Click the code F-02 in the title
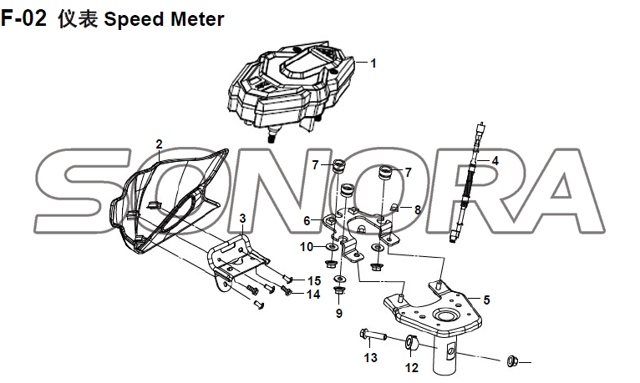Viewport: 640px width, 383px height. pyautogui.click(x=26, y=18)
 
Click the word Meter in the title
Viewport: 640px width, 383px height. pyautogui.click(x=197, y=18)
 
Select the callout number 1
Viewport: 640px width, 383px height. pyautogui.click(x=373, y=63)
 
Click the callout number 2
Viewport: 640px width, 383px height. pyautogui.click(x=159, y=144)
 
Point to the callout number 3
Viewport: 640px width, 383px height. pyautogui.click(x=242, y=219)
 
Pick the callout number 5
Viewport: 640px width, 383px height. pyautogui.click(x=486, y=299)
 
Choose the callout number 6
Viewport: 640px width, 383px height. pyautogui.click(x=307, y=220)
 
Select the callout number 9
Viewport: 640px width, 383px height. pyautogui.click(x=339, y=314)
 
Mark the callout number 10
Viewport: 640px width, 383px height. pyautogui.click(x=307, y=247)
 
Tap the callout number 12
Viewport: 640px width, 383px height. pyautogui.click(x=411, y=367)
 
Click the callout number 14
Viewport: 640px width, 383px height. pyautogui.click(x=313, y=294)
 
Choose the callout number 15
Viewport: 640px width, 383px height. pyautogui.click(x=314, y=280)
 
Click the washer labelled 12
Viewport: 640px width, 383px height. pyautogui.click(x=411, y=342)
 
